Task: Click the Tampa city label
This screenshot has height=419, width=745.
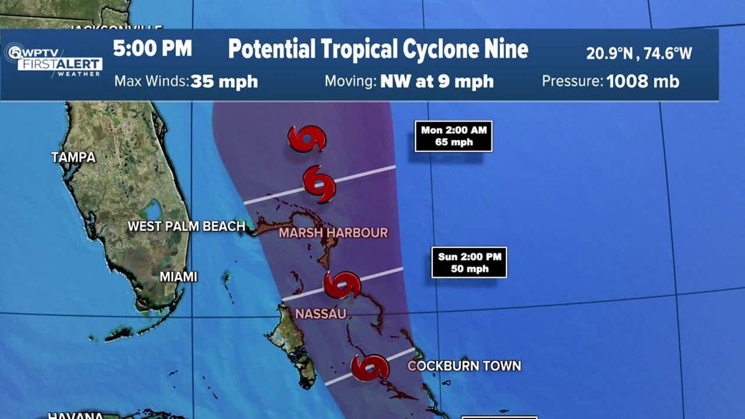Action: [73, 157]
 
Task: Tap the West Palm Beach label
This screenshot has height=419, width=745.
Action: [186, 226]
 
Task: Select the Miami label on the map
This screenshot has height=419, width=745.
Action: [179, 277]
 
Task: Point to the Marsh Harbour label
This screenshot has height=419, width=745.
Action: [333, 233]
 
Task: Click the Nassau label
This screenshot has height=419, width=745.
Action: [321, 314]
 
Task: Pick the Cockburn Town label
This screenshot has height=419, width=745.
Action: [464, 366]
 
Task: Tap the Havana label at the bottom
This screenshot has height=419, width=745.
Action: [68, 416]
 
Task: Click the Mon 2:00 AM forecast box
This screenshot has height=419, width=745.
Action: [453, 136]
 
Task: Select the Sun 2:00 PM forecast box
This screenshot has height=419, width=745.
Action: [469, 262]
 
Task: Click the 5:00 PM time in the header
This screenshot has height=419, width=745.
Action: [152, 49]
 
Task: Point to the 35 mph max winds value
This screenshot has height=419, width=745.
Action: [224, 81]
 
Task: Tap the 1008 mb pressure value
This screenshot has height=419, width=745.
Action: [643, 81]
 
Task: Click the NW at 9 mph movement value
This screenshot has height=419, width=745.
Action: [437, 81]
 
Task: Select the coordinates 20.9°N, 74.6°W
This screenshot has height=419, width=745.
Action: [638, 54]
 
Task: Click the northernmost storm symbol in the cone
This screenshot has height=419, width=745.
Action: [307, 139]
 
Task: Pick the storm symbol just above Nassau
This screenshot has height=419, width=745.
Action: [342, 285]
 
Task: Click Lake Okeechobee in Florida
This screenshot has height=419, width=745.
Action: [153, 209]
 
